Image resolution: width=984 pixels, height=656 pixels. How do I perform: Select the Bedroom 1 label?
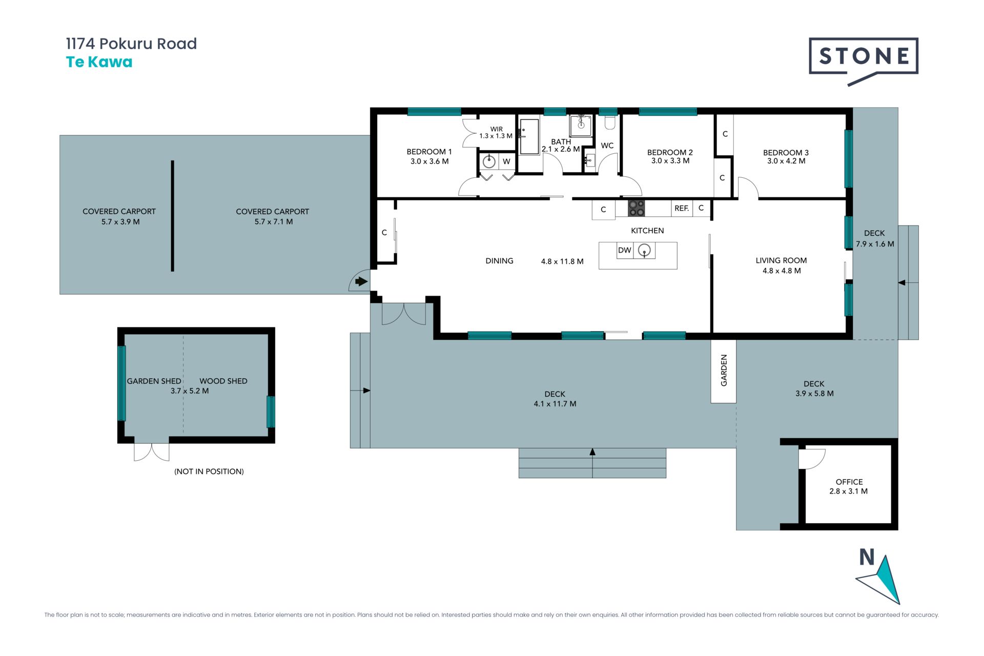point(429,152)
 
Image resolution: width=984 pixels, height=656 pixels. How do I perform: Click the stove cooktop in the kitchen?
point(637,208)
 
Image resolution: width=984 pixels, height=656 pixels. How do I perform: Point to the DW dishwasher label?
point(624,250)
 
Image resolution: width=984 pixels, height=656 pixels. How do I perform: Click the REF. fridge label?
point(682,208)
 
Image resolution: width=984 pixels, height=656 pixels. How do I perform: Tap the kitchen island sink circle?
point(644,250)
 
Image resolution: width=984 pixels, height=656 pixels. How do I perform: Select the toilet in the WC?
point(609,122)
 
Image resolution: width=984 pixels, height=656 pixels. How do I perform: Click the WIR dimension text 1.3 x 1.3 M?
point(496,136)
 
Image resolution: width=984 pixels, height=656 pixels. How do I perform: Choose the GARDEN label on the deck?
point(724,371)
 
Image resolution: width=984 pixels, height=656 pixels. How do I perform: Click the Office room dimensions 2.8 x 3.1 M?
point(849,491)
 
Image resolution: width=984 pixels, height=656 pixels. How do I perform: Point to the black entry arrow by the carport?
point(362,281)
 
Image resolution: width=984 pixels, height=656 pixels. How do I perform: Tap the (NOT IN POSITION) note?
point(209,471)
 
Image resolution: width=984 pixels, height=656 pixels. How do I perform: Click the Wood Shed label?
point(223,381)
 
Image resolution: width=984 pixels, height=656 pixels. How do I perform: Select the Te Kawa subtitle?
point(99,62)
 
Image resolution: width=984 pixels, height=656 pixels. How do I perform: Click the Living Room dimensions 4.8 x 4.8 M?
point(782,271)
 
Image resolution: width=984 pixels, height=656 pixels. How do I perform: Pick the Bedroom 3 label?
point(786,152)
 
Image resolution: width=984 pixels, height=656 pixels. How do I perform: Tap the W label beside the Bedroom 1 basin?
point(506,161)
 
